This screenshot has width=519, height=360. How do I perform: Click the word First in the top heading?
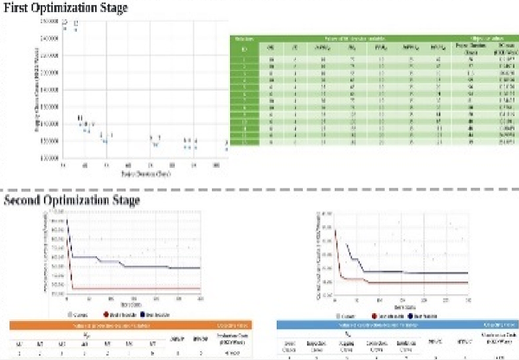coord(20,8)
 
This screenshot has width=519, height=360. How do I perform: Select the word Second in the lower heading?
coord(28,202)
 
